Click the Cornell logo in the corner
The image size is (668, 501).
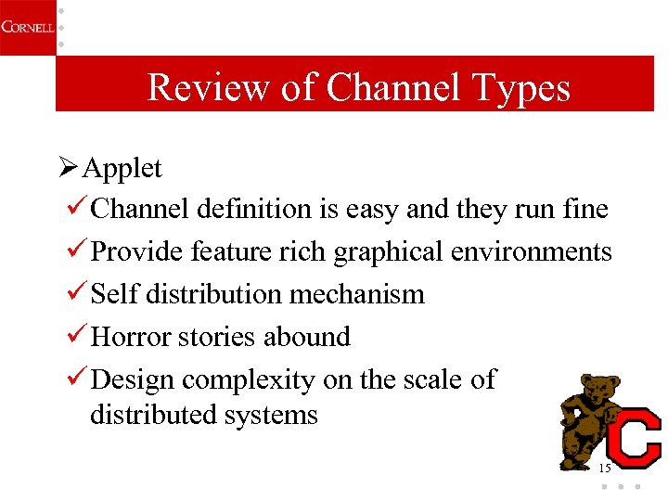click(27, 26)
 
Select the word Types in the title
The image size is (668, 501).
click(520, 88)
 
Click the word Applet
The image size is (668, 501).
click(122, 169)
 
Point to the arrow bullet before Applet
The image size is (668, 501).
click(69, 168)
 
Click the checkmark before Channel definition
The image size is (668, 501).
click(78, 209)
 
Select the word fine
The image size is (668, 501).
click(584, 210)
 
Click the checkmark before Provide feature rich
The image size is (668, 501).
click(78, 251)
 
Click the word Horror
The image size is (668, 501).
click(128, 337)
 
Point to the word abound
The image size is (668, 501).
click(307, 337)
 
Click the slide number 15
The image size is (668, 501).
click(605, 468)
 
